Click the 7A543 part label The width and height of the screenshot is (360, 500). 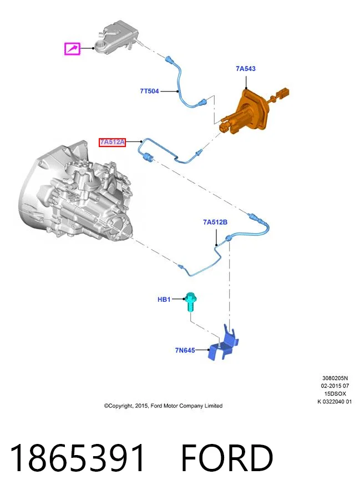[x=246, y=69]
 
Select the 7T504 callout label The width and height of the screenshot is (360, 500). [x=149, y=91]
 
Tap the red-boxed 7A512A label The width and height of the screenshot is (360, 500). [x=112, y=142]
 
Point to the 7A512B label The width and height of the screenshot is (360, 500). [x=215, y=222]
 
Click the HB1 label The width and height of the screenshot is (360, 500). [x=164, y=300]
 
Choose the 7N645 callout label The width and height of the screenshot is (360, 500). [x=185, y=350]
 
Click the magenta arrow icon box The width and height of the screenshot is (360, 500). [x=72, y=49]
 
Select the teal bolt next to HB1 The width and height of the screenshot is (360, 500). [x=191, y=301]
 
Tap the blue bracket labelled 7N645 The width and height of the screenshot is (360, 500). [x=223, y=345]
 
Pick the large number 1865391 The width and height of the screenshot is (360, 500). [x=78, y=458]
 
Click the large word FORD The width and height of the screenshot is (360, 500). [x=227, y=458]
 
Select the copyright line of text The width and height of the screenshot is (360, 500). [x=163, y=406]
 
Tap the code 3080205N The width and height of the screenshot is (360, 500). [x=335, y=378]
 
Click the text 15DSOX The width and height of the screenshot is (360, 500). [x=335, y=394]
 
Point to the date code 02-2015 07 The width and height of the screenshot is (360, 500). [x=335, y=386]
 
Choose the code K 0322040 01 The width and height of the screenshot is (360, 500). [x=335, y=402]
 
